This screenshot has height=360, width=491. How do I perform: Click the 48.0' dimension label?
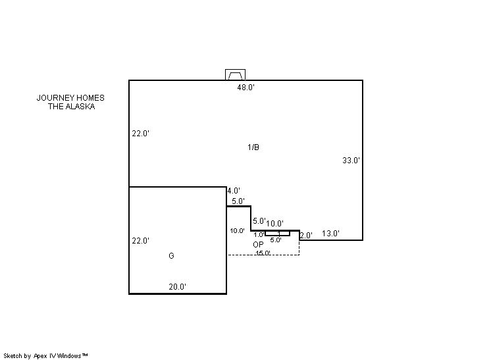(245, 88)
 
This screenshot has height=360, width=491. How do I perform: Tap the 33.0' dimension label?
(351, 161)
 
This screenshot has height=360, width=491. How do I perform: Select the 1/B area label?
(253, 147)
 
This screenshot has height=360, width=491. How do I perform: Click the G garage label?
(171, 256)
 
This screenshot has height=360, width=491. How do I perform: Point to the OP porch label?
(259, 244)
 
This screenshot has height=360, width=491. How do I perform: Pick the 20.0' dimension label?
(178, 287)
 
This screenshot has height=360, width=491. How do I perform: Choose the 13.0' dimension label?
(330, 234)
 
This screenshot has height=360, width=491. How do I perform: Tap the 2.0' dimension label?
(306, 236)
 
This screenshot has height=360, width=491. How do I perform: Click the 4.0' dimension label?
(234, 191)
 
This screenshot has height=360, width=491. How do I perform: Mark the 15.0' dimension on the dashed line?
(263, 253)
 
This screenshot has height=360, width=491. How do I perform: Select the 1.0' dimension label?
(259, 235)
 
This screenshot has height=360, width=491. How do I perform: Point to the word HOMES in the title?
(90, 98)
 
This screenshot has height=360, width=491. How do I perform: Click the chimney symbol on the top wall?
(235, 75)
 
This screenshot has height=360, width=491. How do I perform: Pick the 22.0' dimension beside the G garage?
(141, 241)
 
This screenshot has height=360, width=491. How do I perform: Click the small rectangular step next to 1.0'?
(278, 234)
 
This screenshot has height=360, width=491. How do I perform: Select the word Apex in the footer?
(40, 356)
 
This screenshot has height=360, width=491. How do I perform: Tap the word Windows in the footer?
(70, 355)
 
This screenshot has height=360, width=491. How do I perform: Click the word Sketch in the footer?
(13, 355)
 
